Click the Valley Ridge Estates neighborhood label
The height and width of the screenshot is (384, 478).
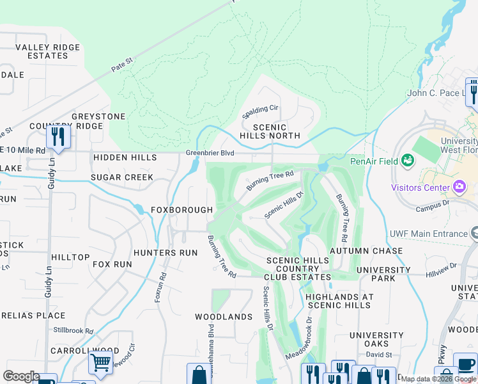(x=48, y=52)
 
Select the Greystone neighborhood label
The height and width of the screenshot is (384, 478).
(x=98, y=116)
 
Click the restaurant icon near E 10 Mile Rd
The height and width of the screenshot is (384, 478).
(x=58, y=138)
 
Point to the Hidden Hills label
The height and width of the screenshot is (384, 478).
(x=125, y=157)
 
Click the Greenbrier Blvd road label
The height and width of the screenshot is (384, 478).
(x=210, y=154)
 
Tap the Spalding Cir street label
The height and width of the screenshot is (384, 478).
(x=260, y=112)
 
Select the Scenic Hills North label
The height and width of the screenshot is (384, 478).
(x=270, y=131)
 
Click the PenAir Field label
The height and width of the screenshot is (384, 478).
(x=374, y=161)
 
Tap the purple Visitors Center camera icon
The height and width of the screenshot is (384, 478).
(x=458, y=188)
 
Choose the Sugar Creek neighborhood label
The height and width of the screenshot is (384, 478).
(x=121, y=177)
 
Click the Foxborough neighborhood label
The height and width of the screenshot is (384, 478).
(x=181, y=210)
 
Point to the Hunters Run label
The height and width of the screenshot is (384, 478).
(x=166, y=253)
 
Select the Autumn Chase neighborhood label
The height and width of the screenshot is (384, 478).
(x=366, y=250)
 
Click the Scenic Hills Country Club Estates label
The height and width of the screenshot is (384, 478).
(x=298, y=269)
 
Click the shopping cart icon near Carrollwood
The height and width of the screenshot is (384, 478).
(x=101, y=363)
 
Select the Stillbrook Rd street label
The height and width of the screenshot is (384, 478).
(x=73, y=331)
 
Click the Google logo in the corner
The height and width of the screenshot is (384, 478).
(x=21, y=376)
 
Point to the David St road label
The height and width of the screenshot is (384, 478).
(x=379, y=354)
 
